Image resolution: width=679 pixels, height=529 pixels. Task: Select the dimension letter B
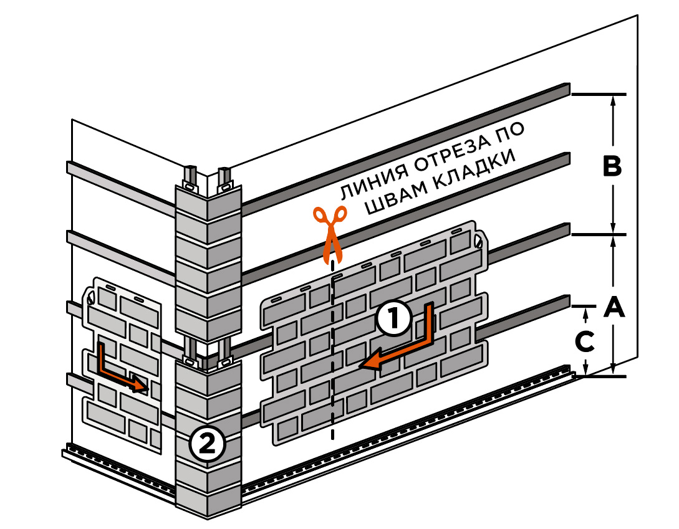point(612,167)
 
